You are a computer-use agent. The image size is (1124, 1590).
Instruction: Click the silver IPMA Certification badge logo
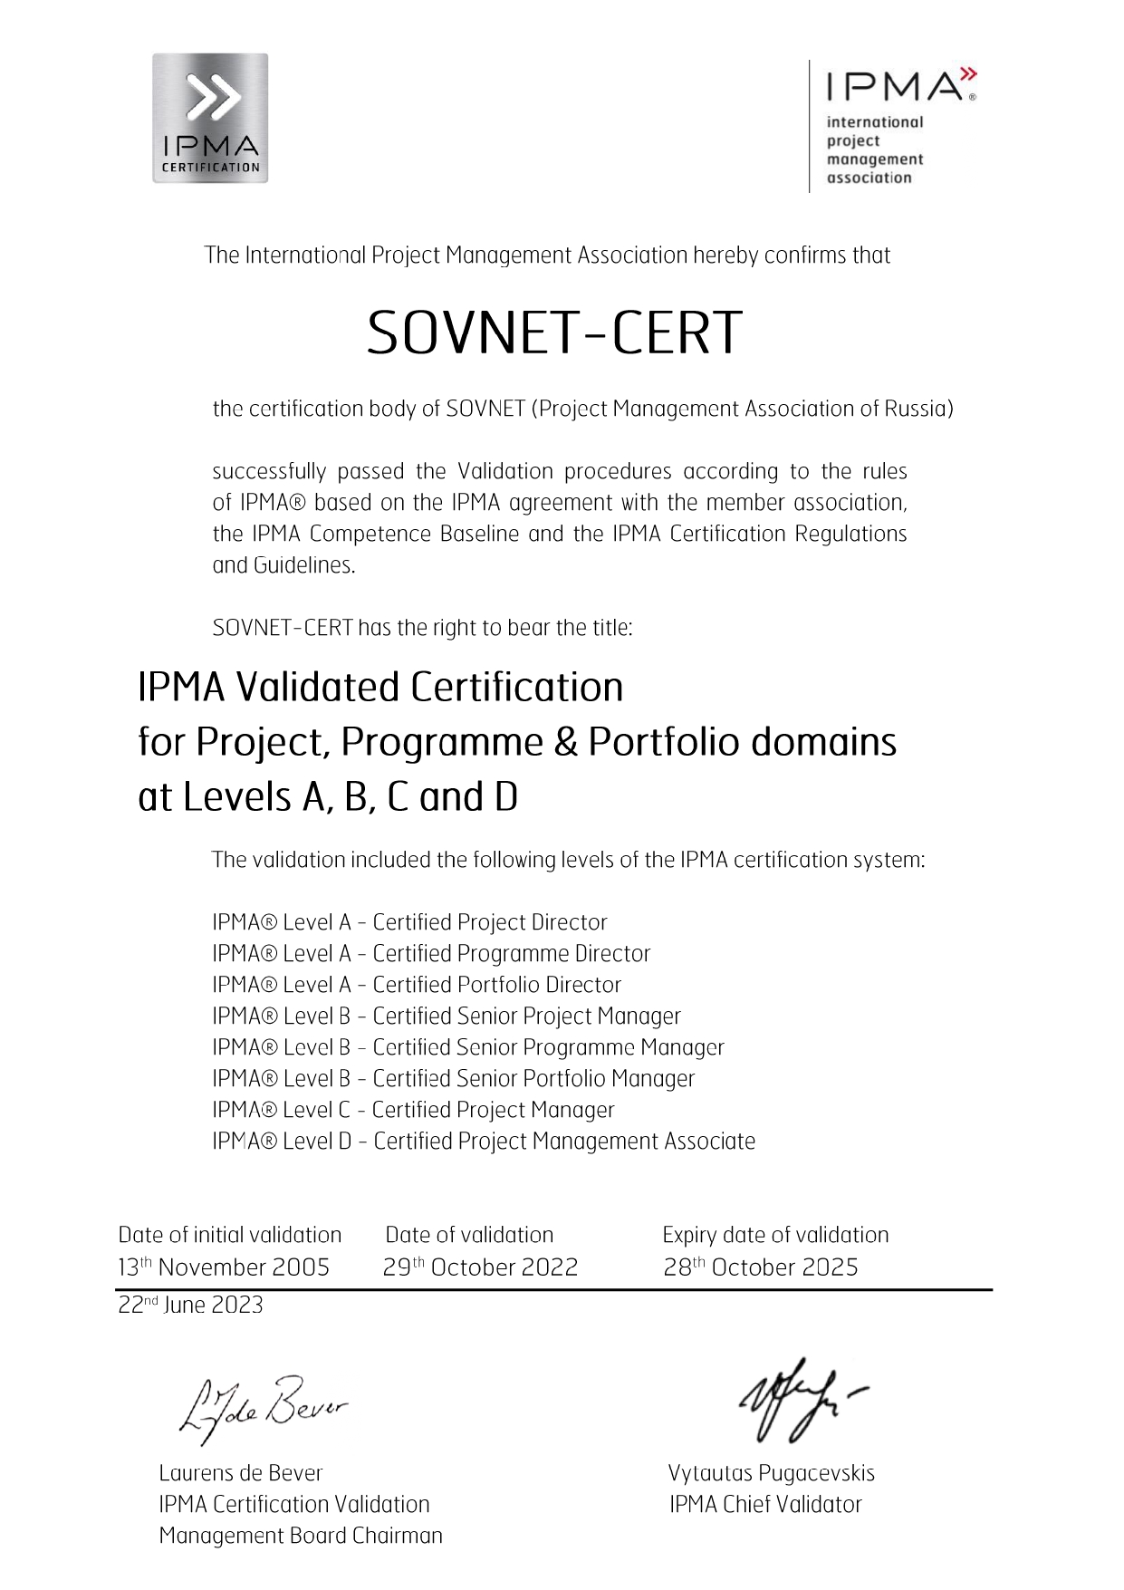pos(210,118)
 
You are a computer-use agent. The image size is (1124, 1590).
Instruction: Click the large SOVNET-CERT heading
pos(554,332)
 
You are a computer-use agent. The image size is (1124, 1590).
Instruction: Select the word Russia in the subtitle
pos(917,409)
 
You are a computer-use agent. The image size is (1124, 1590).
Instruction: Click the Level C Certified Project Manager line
pos(413,1110)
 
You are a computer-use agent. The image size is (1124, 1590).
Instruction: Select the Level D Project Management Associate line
pos(484,1142)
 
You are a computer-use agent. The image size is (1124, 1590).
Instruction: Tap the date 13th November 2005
pos(224,1267)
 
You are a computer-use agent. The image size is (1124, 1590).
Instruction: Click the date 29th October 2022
pos(480,1267)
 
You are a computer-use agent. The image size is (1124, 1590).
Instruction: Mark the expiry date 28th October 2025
pos(760,1267)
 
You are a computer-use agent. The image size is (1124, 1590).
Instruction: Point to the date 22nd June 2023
pos(190,1306)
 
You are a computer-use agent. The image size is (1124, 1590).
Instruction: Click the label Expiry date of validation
pos(775,1235)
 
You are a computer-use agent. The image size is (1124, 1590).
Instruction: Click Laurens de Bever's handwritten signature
pos(263,1407)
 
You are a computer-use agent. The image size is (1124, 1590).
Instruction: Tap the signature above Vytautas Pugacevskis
pos(797,1398)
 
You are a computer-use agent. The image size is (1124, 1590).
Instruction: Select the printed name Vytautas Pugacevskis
pos(771,1473)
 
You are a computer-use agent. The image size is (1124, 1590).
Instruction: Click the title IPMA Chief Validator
pos(765,1505)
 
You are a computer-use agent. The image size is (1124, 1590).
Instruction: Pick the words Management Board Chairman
pos(301,1536)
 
